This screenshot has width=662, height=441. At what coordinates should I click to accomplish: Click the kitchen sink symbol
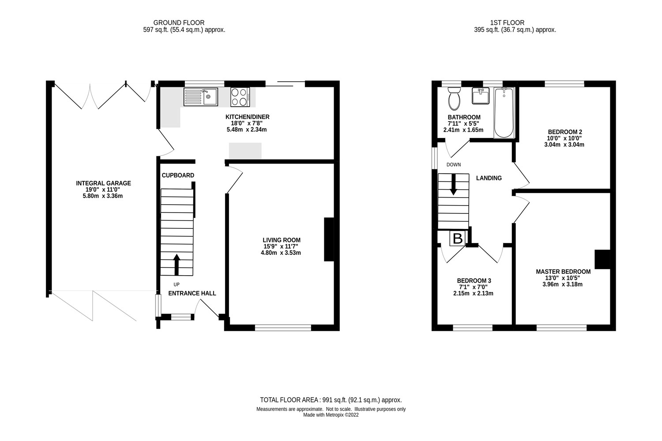201,97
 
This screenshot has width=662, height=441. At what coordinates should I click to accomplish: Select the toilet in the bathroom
454,98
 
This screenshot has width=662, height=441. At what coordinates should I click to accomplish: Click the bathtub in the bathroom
504,113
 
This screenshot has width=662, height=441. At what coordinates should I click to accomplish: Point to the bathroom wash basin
481,96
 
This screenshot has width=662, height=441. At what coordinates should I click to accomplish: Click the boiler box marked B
458,239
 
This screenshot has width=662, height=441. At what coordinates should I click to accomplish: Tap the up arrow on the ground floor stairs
177,264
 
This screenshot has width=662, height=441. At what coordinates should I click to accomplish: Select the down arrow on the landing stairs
453,185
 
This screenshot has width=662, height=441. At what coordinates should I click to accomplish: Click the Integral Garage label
103,183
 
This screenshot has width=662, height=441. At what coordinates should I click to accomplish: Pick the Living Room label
282,240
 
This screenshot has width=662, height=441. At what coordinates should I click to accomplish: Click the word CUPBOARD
178,176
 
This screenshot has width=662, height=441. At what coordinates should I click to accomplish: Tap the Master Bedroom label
563,272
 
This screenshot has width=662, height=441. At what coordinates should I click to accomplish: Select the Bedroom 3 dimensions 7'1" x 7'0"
474,287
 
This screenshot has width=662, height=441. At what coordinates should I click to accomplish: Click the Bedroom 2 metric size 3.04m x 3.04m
565,145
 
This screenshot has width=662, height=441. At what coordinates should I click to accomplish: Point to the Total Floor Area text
331,400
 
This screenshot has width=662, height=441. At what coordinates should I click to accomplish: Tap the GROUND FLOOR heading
179,23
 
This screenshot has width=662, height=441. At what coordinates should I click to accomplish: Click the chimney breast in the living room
329,239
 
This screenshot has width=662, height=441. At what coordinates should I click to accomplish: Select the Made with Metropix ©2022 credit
331,415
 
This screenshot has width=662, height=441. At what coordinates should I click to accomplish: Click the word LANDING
489,178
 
